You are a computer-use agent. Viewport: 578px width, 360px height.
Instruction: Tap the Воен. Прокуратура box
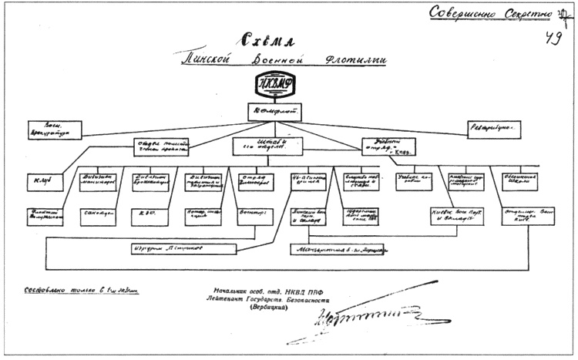[x=55, y=131]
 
